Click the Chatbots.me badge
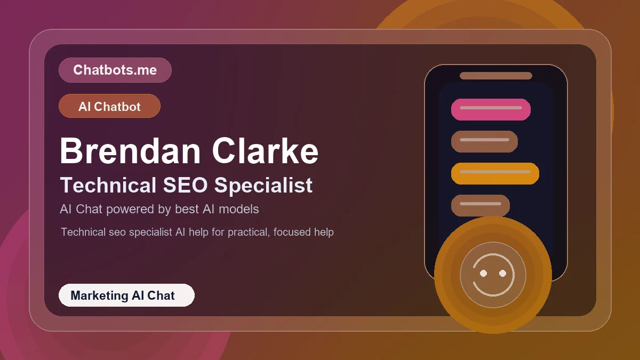(115, 70)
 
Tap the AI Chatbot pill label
(109, 106)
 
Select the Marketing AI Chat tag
(126, 295)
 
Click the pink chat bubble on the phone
(491, 109)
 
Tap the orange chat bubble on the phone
(495, 173)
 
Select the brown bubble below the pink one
(484, 141)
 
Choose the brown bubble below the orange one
(480, 205)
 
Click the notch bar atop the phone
(495, 76)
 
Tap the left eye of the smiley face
(483, 273)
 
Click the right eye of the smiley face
(502, 273)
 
